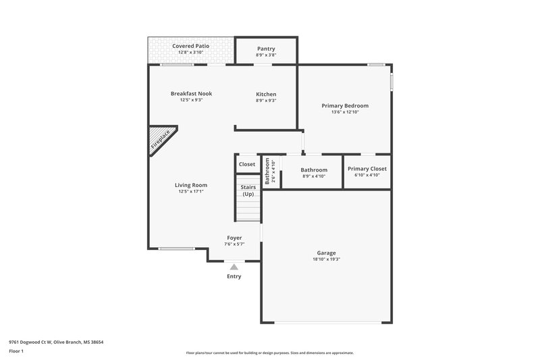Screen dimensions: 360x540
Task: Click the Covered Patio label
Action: pos(191,46)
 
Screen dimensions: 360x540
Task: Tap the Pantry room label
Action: pos(266,49)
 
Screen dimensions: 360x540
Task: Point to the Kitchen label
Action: pos(266,94)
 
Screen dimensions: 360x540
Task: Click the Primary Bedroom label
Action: pos(345,105)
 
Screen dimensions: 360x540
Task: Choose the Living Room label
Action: pos(191,184)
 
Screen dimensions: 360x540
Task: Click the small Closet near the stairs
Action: pos(247,164)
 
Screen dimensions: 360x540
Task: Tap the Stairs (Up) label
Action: pos(248,190)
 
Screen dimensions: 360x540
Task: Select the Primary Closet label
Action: pos(367,169)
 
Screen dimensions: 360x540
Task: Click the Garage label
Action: pos(326,253)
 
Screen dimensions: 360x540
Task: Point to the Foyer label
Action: pos(234,238)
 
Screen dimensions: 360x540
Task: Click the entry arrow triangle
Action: pos(234,267)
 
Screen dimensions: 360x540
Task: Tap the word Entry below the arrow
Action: pos(234,276)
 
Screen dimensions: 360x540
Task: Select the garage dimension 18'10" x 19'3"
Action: pos(326,259)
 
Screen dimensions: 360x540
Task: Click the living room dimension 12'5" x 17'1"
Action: pos(191,191)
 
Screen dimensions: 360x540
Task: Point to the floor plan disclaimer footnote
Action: pos(269,353)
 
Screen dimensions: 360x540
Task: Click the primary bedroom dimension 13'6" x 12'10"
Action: pos(345,112)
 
